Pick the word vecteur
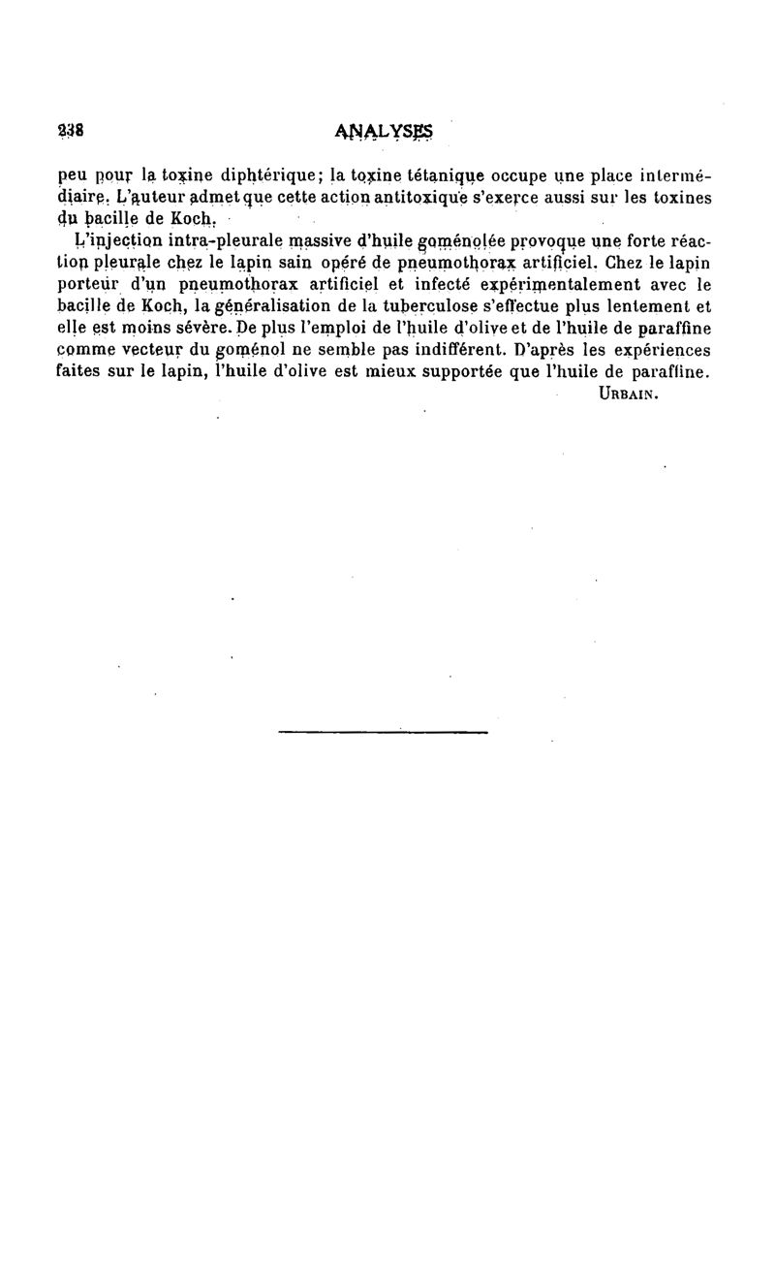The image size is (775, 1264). (x=151, y=349)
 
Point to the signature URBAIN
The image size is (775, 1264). (x=630, y=395)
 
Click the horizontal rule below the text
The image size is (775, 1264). (x=383, y=732)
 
